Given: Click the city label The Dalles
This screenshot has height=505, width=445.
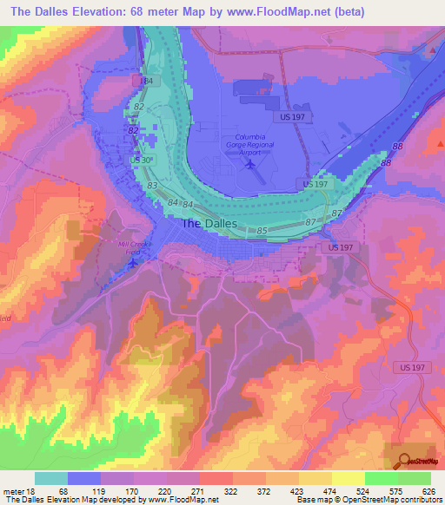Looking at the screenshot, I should click(207, 223).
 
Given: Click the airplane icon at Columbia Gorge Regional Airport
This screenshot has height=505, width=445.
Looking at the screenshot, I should click(251, 162).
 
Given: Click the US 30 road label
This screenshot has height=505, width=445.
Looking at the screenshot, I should click(142, 160).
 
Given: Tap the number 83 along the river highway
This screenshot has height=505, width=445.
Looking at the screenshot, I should click(152, 186).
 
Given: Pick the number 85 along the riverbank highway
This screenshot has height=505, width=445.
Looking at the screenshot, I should click(262, 231).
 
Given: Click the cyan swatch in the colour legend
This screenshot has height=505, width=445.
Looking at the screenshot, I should click(51, 478).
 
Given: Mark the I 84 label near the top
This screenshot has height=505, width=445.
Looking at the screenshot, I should click(148, 80).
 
